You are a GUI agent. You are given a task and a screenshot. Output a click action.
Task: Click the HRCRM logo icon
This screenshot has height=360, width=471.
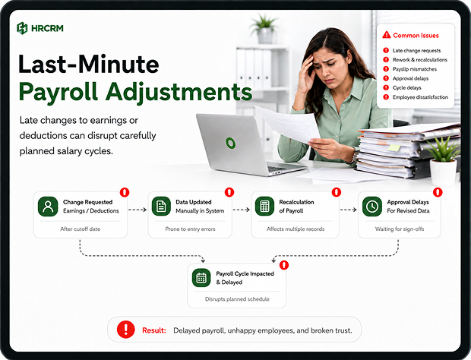22,28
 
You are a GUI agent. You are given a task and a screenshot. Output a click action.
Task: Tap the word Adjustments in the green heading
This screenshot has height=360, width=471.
179,92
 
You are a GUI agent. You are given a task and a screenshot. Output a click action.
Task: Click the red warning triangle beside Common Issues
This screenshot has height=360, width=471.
386,35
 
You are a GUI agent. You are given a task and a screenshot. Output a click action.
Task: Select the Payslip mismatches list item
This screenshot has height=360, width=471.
415,69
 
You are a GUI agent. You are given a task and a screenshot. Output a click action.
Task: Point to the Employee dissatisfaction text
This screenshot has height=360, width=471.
420,97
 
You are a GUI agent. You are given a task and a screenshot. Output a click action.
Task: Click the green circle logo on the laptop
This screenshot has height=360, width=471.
231,143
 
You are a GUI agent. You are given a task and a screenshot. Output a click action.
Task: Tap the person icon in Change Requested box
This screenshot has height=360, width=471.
48,207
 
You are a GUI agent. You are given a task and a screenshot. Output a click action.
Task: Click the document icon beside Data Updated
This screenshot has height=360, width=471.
161,207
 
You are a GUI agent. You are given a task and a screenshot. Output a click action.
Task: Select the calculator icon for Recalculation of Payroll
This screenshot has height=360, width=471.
264,207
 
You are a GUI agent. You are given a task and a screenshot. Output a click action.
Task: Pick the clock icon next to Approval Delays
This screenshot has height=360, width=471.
372,207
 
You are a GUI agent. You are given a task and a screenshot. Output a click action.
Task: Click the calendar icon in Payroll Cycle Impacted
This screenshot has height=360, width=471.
201,278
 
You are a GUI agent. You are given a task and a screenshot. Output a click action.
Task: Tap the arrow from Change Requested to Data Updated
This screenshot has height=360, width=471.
138,210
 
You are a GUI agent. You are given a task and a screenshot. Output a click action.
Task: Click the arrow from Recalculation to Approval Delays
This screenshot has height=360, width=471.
348,210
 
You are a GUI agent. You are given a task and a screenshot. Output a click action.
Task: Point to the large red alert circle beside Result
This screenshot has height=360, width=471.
125,330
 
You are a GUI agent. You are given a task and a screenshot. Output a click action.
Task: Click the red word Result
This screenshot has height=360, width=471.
153,330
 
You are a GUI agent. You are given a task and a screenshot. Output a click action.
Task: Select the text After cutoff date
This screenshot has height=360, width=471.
81,229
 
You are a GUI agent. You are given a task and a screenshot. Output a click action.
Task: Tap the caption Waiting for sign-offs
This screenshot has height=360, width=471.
400,229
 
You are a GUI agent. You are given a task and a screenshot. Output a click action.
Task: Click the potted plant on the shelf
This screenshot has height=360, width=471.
264,29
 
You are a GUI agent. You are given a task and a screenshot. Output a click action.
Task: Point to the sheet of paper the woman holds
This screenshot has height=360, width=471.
286,123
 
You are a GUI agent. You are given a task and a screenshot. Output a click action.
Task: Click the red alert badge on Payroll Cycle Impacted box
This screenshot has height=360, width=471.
284,265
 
